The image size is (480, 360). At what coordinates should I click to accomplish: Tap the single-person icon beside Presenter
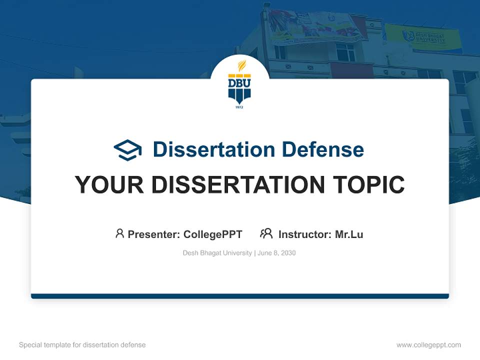point(119,233)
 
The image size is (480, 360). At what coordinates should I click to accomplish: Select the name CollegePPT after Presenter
point(212,234)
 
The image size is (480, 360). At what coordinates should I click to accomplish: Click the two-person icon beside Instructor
point(266,233)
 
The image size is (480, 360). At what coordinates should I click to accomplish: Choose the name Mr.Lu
point(349,234)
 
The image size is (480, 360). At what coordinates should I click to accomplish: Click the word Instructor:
point(305,234)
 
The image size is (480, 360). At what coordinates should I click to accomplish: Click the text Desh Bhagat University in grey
point(217,253)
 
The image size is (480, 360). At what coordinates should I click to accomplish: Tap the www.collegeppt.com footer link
point(428,345)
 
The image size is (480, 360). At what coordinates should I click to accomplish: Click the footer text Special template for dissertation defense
point(82,345)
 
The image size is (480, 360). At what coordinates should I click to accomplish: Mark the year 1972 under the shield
point(239,107)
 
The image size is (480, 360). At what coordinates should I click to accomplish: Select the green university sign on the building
point(423,37)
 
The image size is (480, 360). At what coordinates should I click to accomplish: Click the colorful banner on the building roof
point(315,25)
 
